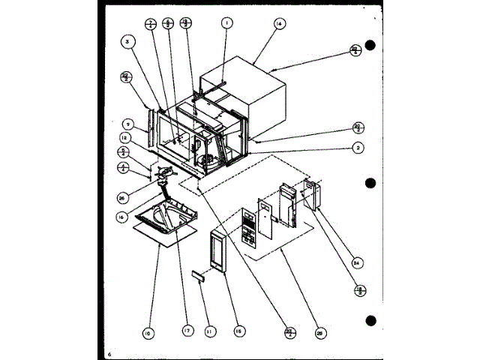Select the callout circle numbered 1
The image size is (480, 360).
pyautogui.click(x=224, y=24)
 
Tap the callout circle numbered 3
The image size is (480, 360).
pyautogui.click(x=128, y=43)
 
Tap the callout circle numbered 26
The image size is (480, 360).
pyautogui.click(x=123, y=198)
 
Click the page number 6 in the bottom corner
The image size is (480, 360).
pyautogui.click(x=109, y=352)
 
